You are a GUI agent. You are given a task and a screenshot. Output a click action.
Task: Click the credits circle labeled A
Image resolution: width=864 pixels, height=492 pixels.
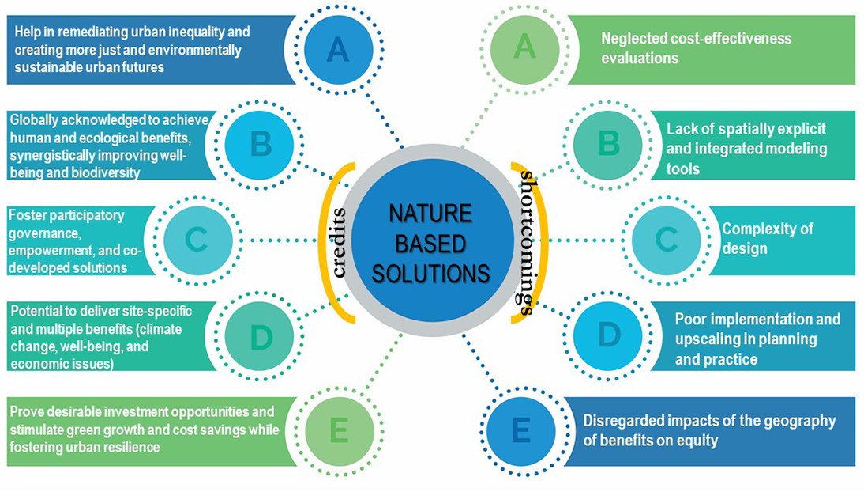[337, 50]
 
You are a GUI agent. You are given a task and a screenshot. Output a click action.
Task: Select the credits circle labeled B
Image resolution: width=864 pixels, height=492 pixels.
[261, 145]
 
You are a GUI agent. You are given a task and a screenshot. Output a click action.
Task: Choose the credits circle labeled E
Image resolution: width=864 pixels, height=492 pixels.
[337, 432]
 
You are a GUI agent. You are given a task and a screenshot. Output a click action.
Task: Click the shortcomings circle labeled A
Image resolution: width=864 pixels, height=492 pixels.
[524, 48]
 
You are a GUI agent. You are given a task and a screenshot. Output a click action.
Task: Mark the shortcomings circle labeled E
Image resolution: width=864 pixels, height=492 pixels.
[522, 432]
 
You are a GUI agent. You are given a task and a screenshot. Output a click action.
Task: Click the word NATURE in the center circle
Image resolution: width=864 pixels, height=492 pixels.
[430, 214]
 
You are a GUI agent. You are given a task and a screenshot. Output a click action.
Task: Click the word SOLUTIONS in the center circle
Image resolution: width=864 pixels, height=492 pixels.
[430, 274]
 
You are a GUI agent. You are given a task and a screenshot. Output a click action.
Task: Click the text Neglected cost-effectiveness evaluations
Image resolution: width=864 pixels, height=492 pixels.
[696, 48]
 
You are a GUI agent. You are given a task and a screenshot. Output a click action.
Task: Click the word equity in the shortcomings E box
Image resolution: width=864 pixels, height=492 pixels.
[694, 441]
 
